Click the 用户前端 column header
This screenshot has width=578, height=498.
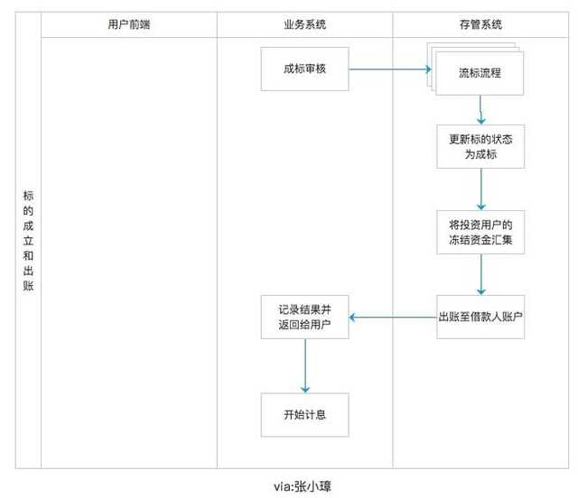pos(129,24)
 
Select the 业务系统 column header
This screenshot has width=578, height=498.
pos(305,24)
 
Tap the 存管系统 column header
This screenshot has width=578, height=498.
pos(480,24)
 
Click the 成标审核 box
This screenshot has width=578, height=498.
pos(305,69)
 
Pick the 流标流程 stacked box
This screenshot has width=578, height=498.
pos(480,73)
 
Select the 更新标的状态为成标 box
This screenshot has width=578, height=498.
pos(480,146)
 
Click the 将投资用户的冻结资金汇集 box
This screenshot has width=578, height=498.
pos(480,232)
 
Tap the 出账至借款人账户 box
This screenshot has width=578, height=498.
pos(480,317)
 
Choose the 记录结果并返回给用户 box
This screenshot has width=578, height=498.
pos(305,317)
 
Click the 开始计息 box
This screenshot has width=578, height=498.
pos(305,415)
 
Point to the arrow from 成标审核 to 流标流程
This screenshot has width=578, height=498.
pos(390,69)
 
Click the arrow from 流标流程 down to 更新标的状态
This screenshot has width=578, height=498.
pos(480,110)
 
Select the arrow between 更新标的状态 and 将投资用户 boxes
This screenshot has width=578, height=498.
pos(481,189)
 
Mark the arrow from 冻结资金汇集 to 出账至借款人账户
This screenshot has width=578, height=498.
pos(481,274)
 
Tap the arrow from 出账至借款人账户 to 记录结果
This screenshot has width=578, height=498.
pos(393,318)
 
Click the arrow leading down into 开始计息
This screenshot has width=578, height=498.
pos(305,365)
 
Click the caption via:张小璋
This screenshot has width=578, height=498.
pos(303,486)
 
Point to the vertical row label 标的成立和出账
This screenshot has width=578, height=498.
pos(28,241)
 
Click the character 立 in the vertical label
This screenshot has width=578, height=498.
pos(28,241)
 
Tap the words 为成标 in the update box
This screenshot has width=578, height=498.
pos(480,154)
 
